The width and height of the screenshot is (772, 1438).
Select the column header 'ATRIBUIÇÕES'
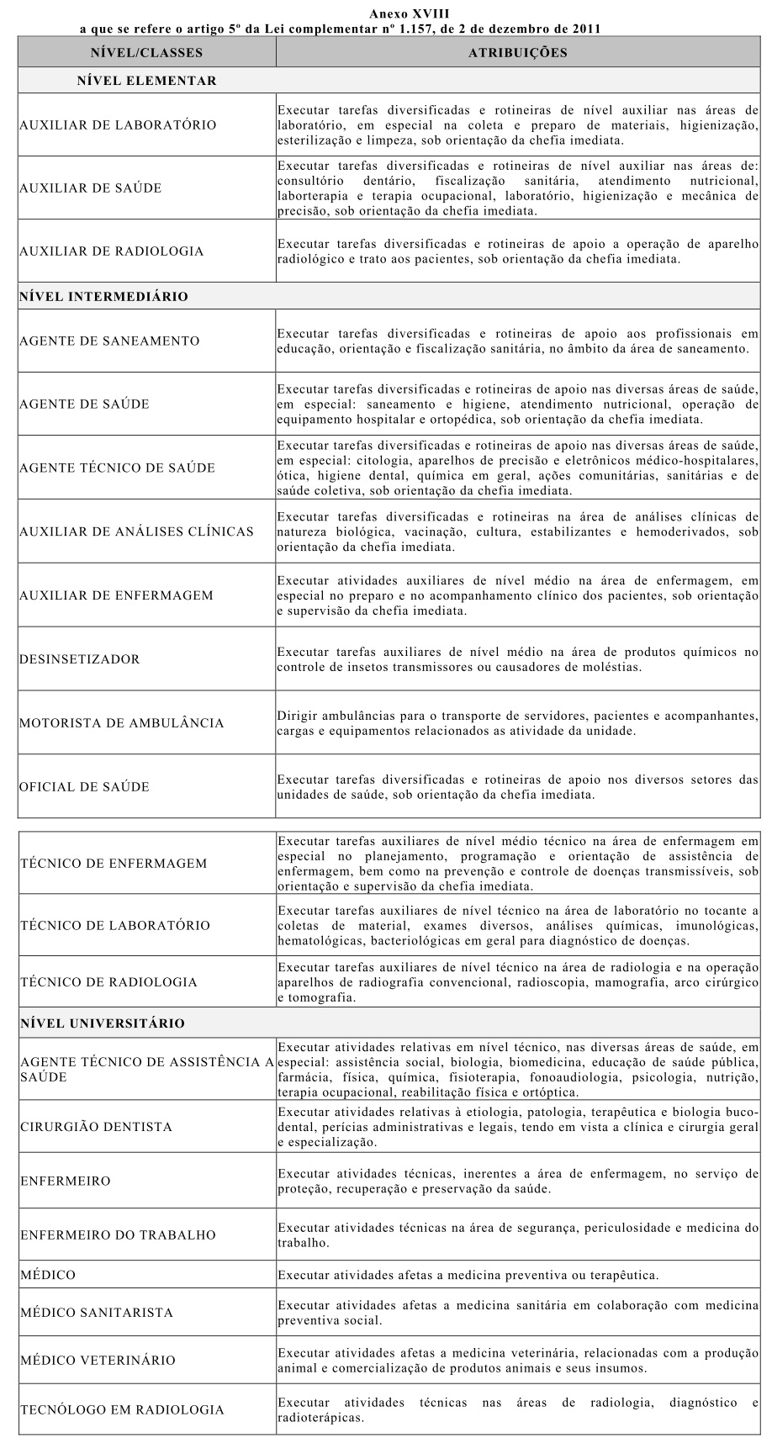pyautogui.click(x=517, y=53)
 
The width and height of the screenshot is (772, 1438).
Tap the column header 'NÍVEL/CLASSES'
pyautogui.click(x=146, y=53)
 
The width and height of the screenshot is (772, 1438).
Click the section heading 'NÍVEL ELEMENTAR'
pyautogui.click(x=146, y=82)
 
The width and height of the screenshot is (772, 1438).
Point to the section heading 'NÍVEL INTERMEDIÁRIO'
pyautogui.click(x=103, y=297)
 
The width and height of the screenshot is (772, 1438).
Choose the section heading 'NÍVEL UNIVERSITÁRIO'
pyautogui.click(x=103, y=1023)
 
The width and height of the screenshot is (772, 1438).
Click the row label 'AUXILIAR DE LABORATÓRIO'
pyautogui.click(x=118, y=125)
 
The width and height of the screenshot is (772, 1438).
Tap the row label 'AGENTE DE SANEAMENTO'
pyautogui.click(x=109, y=341)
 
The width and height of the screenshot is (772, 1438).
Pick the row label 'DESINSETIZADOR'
pyautogui.click(x=80, y=659)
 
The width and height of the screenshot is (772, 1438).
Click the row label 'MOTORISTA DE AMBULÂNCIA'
pyautogui.click(x=122, y=723)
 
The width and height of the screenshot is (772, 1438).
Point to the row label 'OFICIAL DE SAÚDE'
pyautogui.click(x=85, y=787)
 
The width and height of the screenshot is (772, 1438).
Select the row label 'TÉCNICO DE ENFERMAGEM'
pyautogui.click(x=114, y=864)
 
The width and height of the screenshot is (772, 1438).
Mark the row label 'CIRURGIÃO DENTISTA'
pyautogui.click(x=98, y=1127)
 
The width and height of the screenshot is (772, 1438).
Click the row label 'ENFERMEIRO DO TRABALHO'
pyautogui.click(x=119, y=1235)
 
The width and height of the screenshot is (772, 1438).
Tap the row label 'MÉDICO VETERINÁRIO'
pyautogui.click(x=98, y=1361)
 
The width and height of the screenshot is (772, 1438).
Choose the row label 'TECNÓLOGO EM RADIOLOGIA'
pyautogui.click(x=123, y=1410)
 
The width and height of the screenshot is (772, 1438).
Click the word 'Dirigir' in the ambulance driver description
pyautogui.click(x=296, y=716)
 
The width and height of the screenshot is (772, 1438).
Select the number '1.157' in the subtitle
pyautogui.click(x=457, y=29)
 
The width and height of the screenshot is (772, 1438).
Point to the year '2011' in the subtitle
pyautogui.click(x=584, y=29)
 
